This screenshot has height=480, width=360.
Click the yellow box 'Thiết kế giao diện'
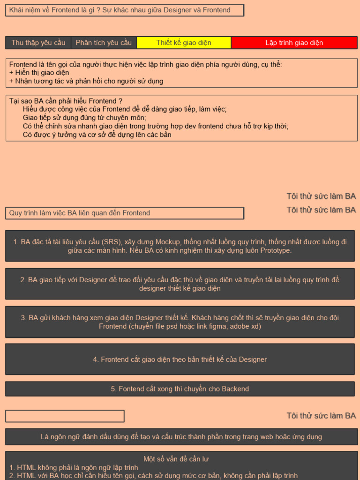(184, 43)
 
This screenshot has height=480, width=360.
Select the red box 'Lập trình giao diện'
(294, 43)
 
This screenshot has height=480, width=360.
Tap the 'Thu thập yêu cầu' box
(38, 43)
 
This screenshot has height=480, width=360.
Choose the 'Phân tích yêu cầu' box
(104, 43)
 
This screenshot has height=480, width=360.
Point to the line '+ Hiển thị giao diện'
(39, 73)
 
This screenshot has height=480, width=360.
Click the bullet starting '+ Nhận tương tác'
(86, 81)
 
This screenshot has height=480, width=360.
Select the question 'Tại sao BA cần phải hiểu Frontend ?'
(66, 101)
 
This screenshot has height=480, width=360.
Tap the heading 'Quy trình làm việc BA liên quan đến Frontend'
(80, 213)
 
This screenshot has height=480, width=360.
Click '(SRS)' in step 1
(112, 242)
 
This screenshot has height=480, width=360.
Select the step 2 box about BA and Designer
(180, 284)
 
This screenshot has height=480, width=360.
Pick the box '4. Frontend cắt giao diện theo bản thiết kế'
(180, 360)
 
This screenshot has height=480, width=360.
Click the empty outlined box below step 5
(65, 416)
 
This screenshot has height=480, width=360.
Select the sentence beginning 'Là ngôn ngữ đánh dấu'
(181, 437)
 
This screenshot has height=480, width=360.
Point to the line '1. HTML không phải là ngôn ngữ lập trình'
(74, 467)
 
